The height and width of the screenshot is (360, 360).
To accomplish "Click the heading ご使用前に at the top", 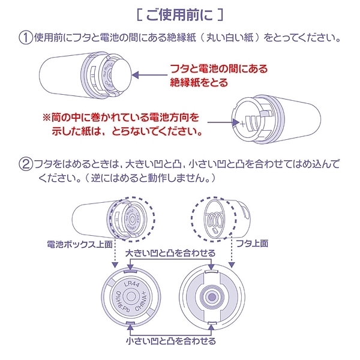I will [x=179, y=13].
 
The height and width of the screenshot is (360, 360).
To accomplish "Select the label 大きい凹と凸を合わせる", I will [x=162, y=254].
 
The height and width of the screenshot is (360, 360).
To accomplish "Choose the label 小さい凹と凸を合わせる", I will [x=170, y=340].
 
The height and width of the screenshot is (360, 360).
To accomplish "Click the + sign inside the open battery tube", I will [x=242, y=127].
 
